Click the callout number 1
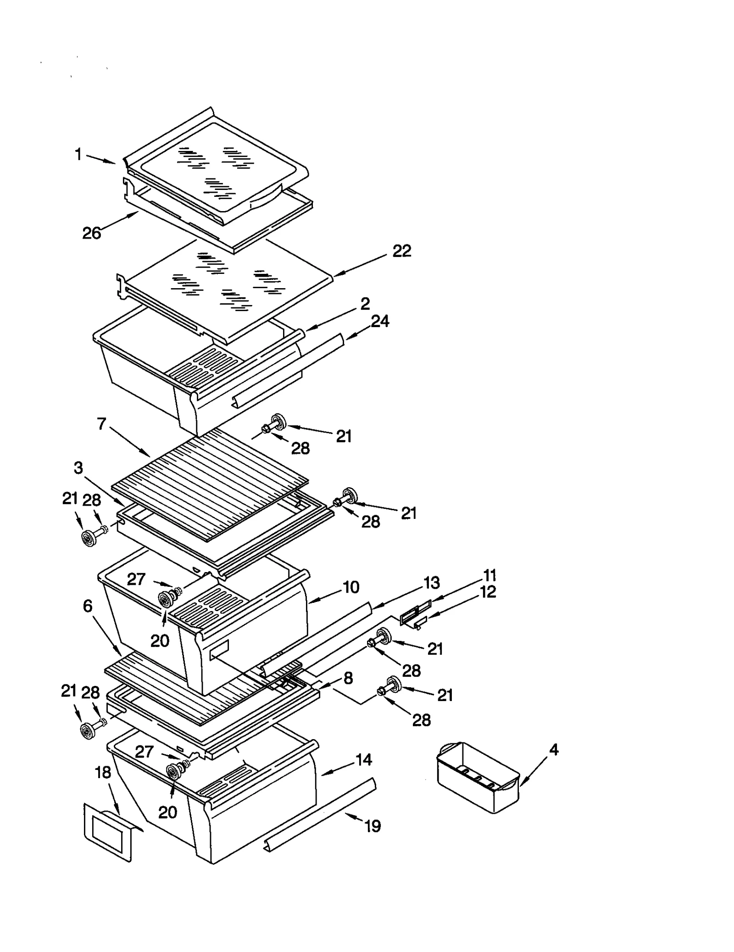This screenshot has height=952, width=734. tap(78, 155)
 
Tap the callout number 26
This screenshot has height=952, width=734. tap(91, 233)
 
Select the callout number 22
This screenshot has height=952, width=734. tap(401, 251)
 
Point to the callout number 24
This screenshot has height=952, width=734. tap(380, 321)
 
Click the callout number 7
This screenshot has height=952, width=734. tap(102, 423)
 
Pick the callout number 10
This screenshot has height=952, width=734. tap(351, 587)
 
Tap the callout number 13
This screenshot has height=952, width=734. tap(431, 583)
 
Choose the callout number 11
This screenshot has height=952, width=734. tap(489, 575)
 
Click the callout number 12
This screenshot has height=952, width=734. tap(488, 592)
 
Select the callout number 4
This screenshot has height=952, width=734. tap(554, 750)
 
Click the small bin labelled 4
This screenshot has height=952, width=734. tap(477, 777)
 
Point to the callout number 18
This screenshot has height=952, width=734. tap(103, 772)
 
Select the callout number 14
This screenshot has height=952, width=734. tap(363, 760)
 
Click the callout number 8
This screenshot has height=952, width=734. tap(348, 678)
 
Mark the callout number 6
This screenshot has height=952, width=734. tap(88, 606)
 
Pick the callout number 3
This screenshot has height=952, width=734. tap(78, 468)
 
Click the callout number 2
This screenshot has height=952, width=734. tap(365, 304)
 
